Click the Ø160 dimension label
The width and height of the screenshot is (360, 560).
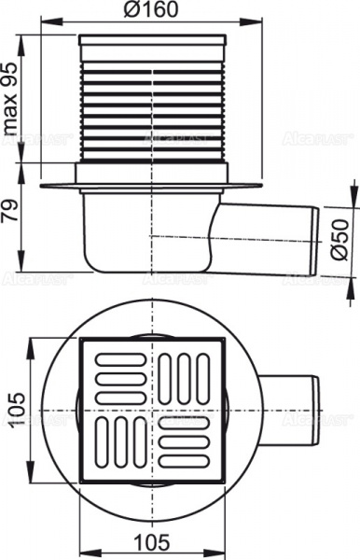click(x=153, y=10)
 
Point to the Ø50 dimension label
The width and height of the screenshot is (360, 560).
click(x=341, y=236)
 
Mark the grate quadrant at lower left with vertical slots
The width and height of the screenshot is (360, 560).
click(x=117, y=445)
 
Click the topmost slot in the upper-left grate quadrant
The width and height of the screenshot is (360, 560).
click(x=117, y=357)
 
